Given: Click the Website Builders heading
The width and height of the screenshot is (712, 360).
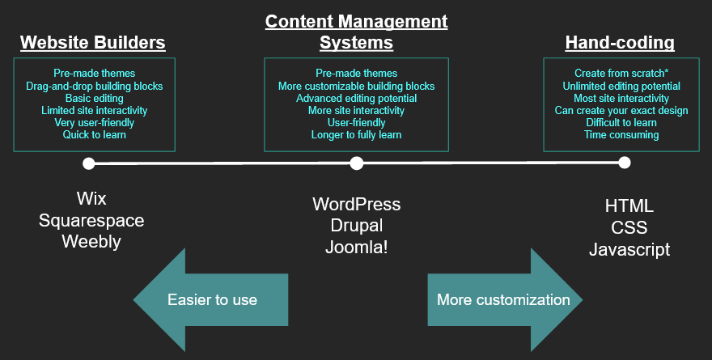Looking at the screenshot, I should point(92,42).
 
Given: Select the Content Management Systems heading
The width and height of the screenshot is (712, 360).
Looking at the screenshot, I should point(356,32).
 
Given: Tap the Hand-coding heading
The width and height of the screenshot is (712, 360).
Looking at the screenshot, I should point(620,42).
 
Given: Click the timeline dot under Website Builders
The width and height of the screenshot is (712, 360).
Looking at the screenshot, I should point(89,163).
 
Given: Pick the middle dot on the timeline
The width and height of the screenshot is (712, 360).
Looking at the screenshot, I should point(356,163).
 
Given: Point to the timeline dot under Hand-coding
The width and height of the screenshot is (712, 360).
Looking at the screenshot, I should point(624,163).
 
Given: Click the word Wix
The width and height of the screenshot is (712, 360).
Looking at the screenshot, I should point(91,198).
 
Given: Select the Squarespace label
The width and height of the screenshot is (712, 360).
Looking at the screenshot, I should point(91,220).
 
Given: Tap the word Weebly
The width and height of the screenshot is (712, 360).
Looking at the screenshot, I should point(91,242).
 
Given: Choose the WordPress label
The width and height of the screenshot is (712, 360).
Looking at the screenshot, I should point(356,204).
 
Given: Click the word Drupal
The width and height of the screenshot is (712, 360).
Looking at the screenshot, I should point(356,225).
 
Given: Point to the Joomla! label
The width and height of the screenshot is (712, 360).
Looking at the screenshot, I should point(356,247).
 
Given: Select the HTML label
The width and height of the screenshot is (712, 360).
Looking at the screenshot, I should point(629,206).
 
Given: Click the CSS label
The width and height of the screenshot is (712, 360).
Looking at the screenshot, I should point(629,227).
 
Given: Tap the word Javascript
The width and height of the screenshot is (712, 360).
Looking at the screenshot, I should point(629,249).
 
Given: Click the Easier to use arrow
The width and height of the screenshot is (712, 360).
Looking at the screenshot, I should point(210,300).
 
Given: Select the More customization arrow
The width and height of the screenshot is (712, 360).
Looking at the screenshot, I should point(504,300).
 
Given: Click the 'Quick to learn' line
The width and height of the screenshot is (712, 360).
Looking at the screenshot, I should point(94,135).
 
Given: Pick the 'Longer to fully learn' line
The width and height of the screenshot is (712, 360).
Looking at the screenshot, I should point(356,135).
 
